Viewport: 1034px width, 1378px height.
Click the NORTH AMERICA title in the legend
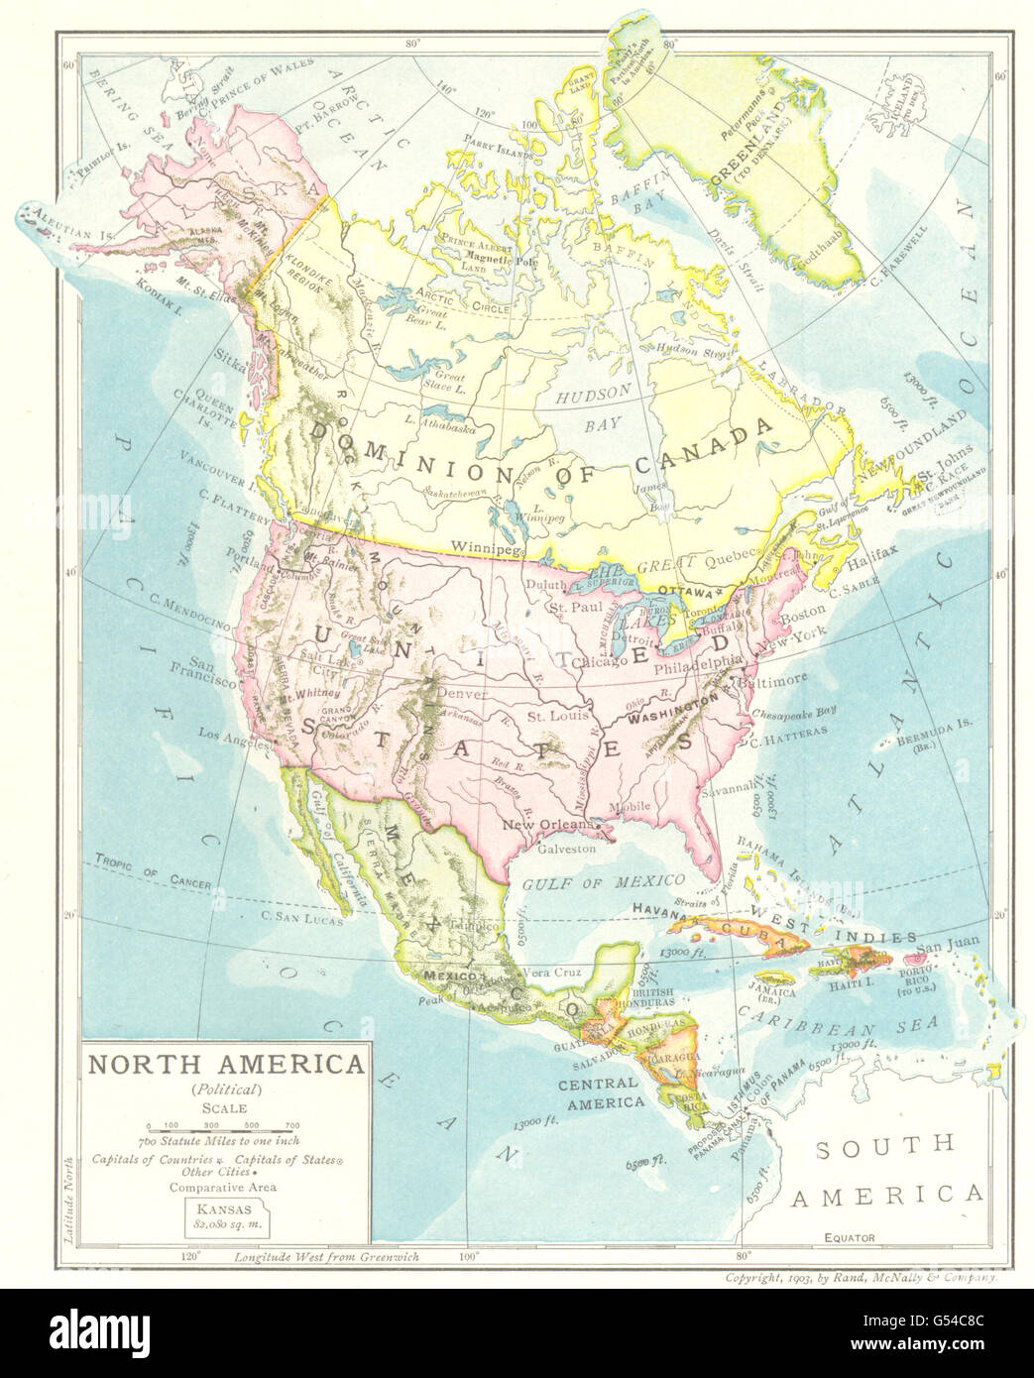coord(226,1067)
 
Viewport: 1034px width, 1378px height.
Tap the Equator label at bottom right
coord(851,1238)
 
